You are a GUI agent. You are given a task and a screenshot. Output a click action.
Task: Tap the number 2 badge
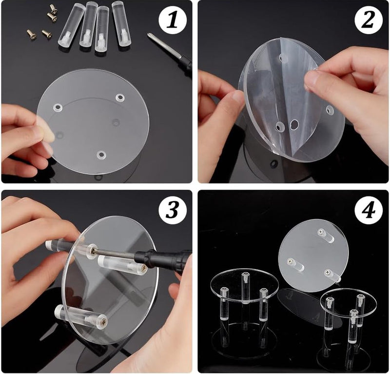369,20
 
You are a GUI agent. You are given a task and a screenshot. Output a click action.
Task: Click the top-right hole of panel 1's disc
119,98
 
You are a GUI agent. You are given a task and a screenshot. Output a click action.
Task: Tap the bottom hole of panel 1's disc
101,156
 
